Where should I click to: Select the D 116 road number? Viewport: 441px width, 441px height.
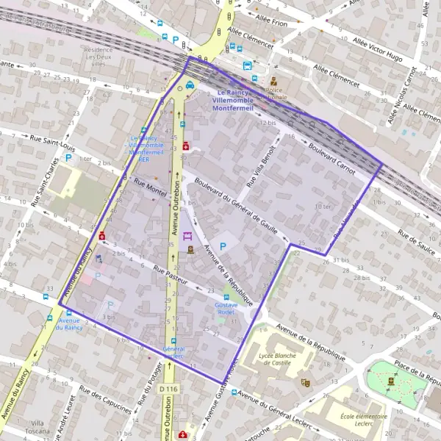(x=168, y=389)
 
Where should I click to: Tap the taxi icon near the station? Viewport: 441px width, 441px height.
(x=190, y=85)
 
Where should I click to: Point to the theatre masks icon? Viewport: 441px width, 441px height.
(x=306, y=382)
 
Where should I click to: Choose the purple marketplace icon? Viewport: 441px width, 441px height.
(x=188, y=237)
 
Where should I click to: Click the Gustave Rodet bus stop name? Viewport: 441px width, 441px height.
(x=226, y=308)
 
